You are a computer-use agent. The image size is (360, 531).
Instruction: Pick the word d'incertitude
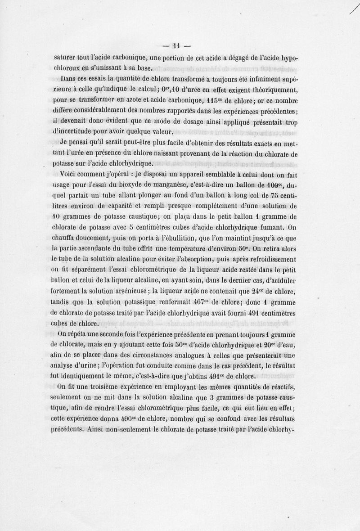[x=79, y=131]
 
